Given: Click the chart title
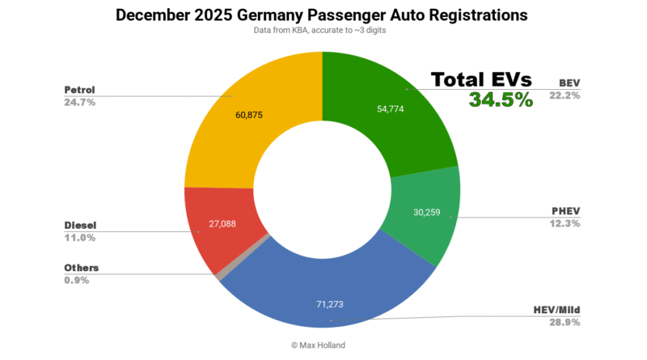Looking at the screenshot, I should [x=322, y=15].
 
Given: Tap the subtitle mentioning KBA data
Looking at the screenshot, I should [x=322, y=32].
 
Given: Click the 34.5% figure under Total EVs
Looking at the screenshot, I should [x=501, y=100].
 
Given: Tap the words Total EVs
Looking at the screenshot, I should [x=481, y=79].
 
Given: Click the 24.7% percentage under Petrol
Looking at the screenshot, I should [x=80, y=103].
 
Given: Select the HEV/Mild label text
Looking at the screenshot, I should [x=557, y=311].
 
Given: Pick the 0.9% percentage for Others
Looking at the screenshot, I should [x=78, y=281].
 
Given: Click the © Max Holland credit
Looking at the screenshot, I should [x=323, y=345].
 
